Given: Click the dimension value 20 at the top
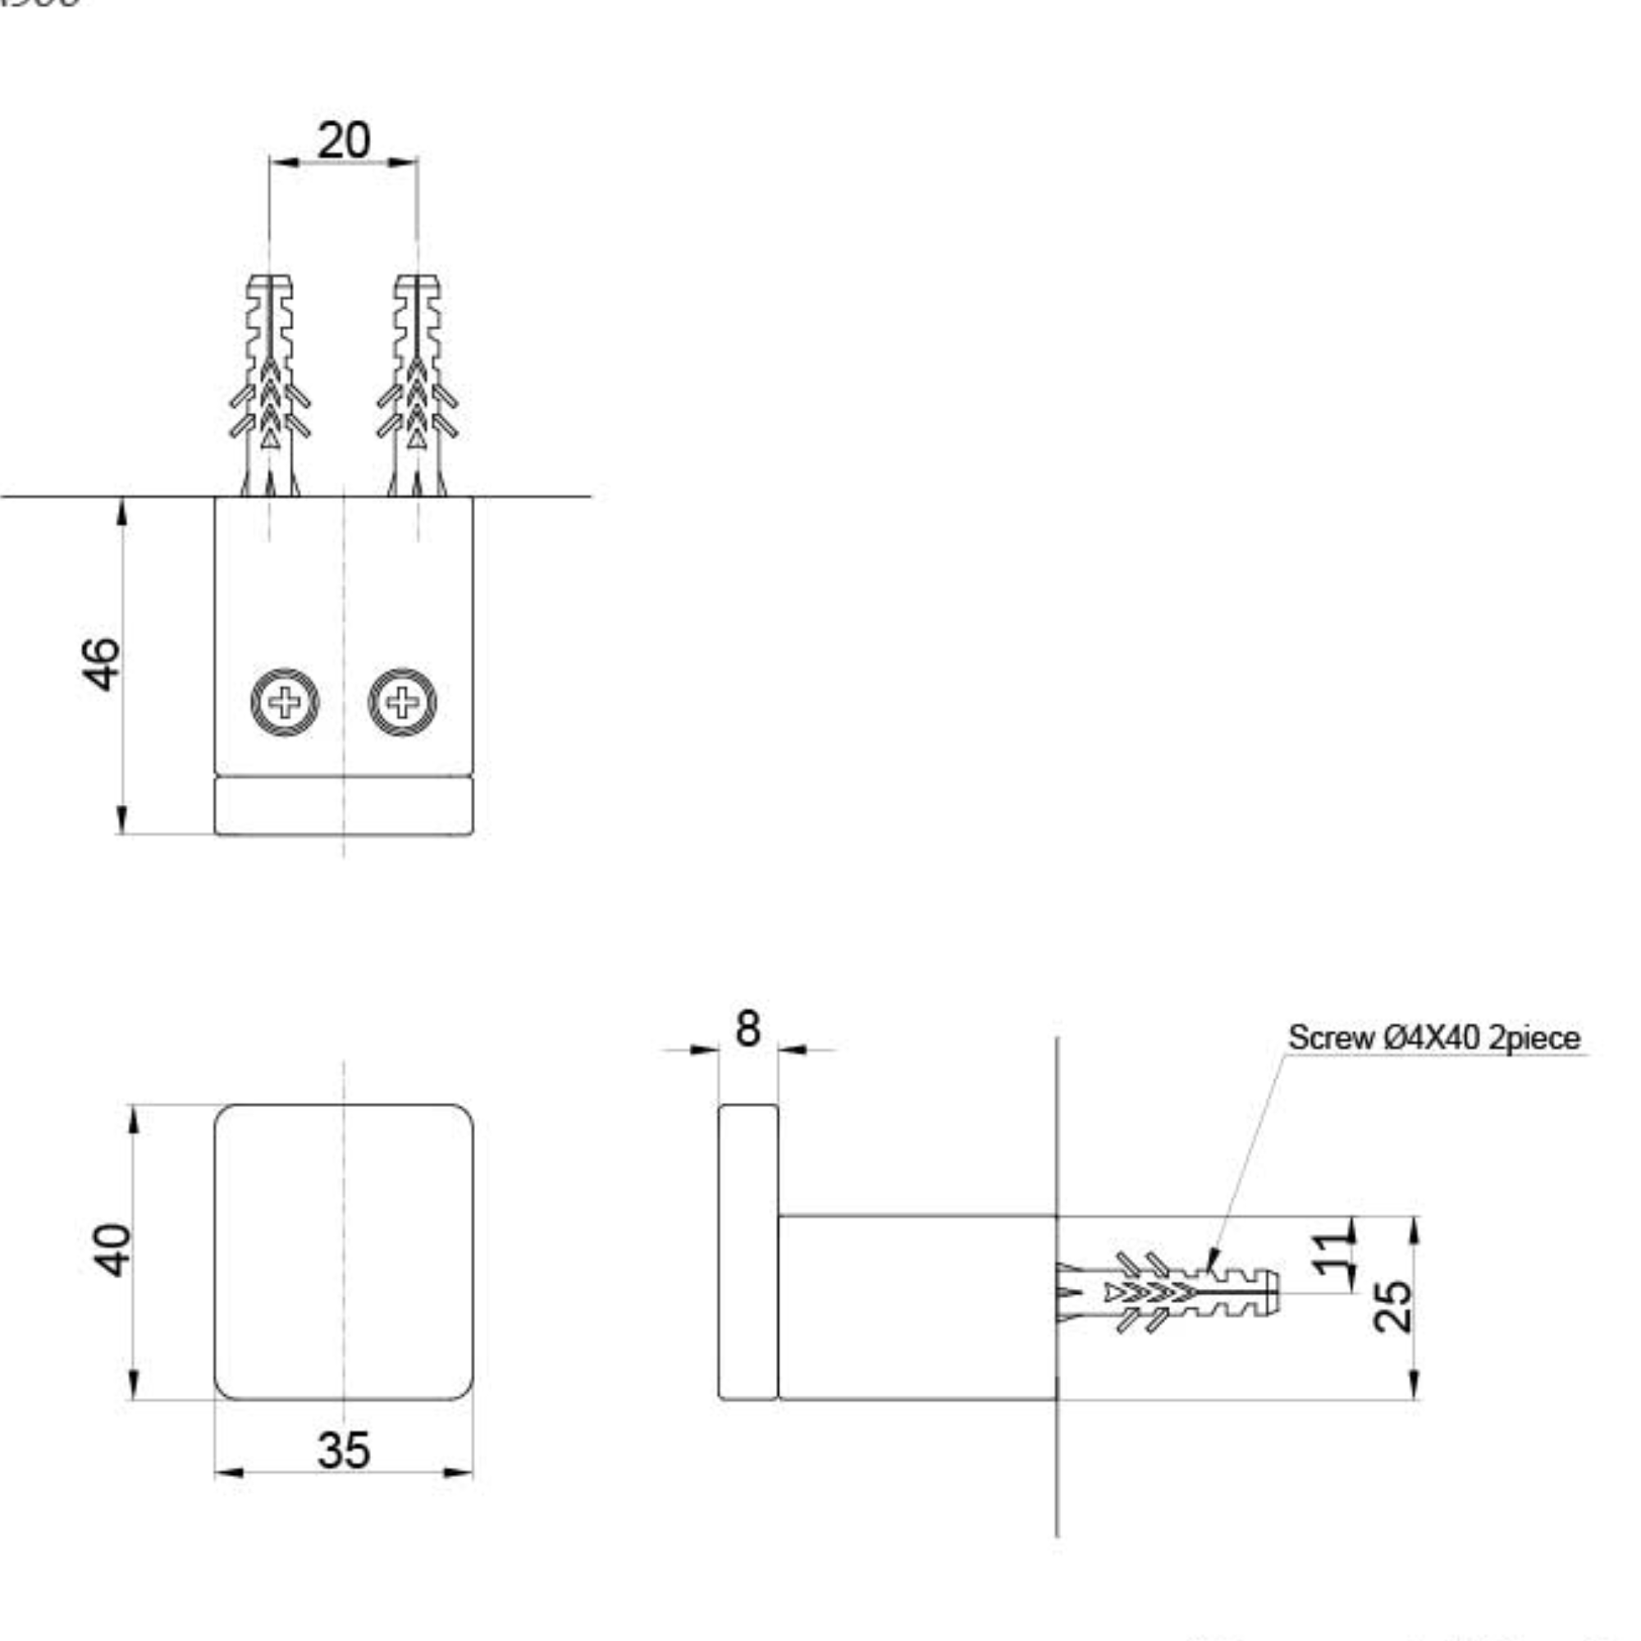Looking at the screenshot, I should [343, 140].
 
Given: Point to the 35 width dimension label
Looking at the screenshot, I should [343, 1451].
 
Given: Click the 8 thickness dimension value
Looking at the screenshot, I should [747, 1029].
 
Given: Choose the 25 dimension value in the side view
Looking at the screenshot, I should [1393, 1305].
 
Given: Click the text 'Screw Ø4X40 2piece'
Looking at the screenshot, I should [1433, 1038].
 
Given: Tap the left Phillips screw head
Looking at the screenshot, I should [285, 702].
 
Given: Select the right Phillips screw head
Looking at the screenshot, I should [402, 702].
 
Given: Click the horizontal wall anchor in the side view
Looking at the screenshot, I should [1168, 1292].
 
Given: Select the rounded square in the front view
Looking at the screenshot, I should [343, 1251].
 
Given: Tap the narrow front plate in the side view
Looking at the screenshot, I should [747, 1251].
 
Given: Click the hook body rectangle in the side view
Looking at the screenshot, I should [917, 1307].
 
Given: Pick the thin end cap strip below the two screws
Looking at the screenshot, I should [343, 805].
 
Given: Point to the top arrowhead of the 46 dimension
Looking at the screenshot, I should [122, 512].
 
